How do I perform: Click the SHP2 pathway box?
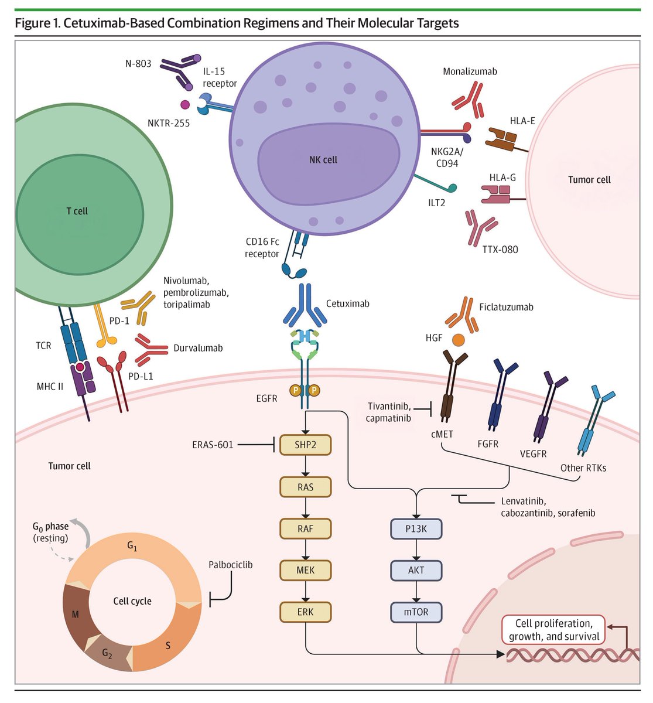click(305, 445)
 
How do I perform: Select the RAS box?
click(305, 487)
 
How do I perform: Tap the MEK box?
click(305, 570)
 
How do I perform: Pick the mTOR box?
click(416, 612)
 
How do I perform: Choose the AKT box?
click(416, 570)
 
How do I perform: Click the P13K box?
click(416, 529)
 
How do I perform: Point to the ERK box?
click(305, 612)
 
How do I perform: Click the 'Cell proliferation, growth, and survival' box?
click(553, 630)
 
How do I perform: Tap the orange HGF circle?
click(458, 340)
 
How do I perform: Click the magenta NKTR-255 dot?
click(184, 104)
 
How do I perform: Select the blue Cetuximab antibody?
click(305, 305)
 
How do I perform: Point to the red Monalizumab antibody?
click(468, 100)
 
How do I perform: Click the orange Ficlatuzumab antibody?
click(462, 315)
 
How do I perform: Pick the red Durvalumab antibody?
click(151, 350)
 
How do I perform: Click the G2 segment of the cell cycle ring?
click(107, 653)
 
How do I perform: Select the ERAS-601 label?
click(213, 445)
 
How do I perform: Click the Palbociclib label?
click(230, 565)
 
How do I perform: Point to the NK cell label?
click(323, 160)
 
